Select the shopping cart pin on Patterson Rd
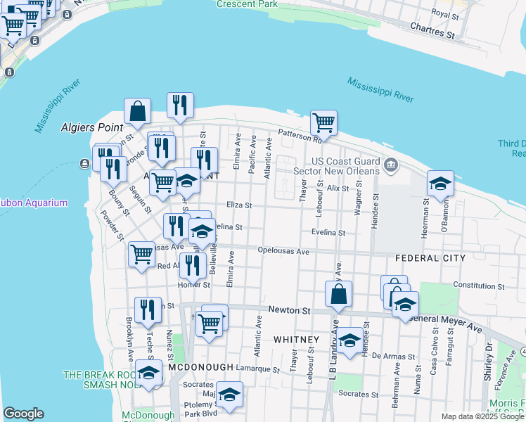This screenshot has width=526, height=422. (x=323, y=122)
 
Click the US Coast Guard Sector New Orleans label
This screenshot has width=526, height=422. (x=345, y=166)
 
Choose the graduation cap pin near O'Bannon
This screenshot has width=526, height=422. (x=440, y=184)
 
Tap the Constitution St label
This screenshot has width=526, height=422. (x=479, y=285)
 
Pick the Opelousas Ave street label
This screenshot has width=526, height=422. (x=283, y=251)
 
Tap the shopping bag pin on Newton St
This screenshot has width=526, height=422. (x=339, y=295)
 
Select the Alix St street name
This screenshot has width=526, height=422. (x=338, y=188)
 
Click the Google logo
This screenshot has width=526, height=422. (x=23, y=414)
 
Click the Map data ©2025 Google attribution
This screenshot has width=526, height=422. (x=482, y=416)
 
